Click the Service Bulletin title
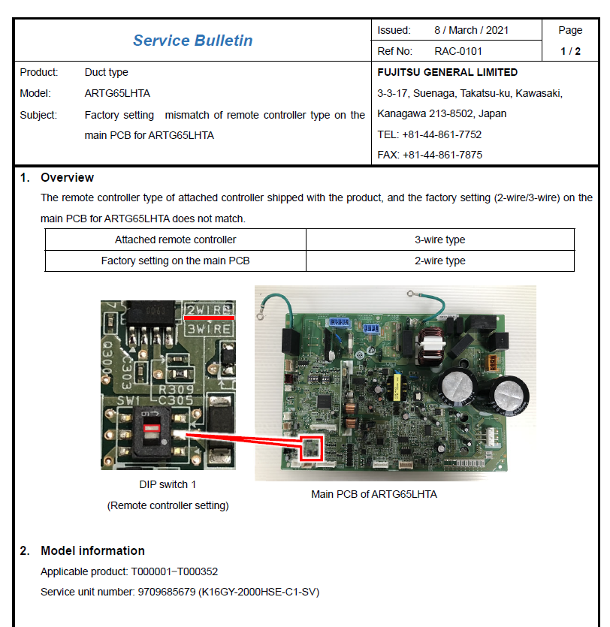[x=192, y=41]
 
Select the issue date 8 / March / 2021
[x=471, y=30]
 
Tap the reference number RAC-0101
[x=458, y=51]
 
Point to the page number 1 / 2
[x=570, y=51]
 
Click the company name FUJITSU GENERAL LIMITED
[x=447, y=72]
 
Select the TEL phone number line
[x=429, y=134]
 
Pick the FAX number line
[x=430, y=155]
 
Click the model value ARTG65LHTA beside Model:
[x=117, y=93]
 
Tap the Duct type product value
[x=106, y=72]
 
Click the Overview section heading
[x=67, y=177]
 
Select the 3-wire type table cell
[x=439, y=240]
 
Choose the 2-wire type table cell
[x=439, y=261]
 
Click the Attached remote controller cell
[x=175, y=240]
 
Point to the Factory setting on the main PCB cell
[x=175, y=261]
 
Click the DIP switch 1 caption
[x=168, y=484]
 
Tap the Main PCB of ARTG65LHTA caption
[x=373, y=494]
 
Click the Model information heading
[x=92, y=550]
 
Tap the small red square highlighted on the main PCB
[x=310, y=448]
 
